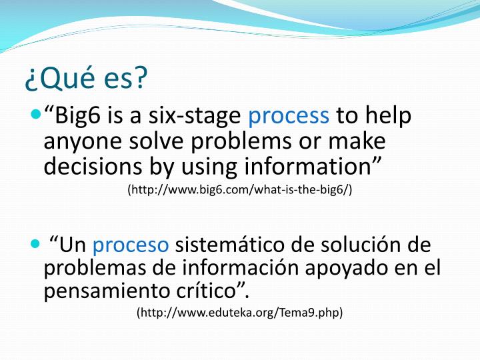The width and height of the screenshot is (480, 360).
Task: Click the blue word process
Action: (289, 116)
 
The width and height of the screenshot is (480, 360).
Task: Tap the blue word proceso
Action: (131, 245)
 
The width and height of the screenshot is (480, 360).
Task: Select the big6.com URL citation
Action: (240, 190)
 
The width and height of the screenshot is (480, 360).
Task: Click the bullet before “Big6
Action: (35, 114)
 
